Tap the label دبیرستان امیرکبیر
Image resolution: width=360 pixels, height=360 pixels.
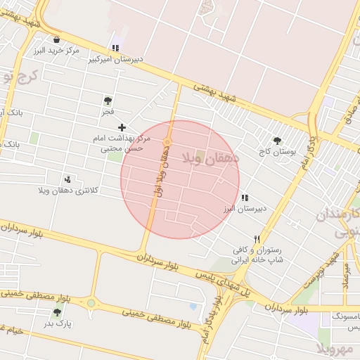pyautogui.click(x=116, y=60)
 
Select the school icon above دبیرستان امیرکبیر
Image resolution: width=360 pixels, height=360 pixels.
pyautogui.click(x=115, y=49)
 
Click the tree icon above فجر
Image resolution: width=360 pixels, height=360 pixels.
pyautogui.click(x=108, y=101)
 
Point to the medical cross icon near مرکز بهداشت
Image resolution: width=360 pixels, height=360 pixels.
pyautogui.click(x=122, y=127)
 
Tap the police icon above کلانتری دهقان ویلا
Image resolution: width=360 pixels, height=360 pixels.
pyautogui.click(x=68, y=179)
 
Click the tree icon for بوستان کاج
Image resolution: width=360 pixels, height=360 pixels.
pyautogui.click(x=277, y=140)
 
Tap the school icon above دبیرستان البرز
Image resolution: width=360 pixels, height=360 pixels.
pyautogui.click(x=244, y=198)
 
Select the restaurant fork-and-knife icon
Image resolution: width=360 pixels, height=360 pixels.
pyautogui.click(x=257, y=239)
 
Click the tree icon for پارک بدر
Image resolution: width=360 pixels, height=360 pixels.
pyautogui.click(x=58, y=312)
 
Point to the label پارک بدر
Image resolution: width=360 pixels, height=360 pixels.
pyautogui.click(x=58, y=323)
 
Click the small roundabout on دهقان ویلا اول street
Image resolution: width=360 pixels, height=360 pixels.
pyautogui.click(x=167, y=143)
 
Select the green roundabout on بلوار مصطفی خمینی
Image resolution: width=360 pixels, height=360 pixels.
pyautogui.click(x=91, y=304)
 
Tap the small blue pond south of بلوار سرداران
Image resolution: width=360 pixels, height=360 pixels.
pyautogui.click(x=193, y=307)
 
